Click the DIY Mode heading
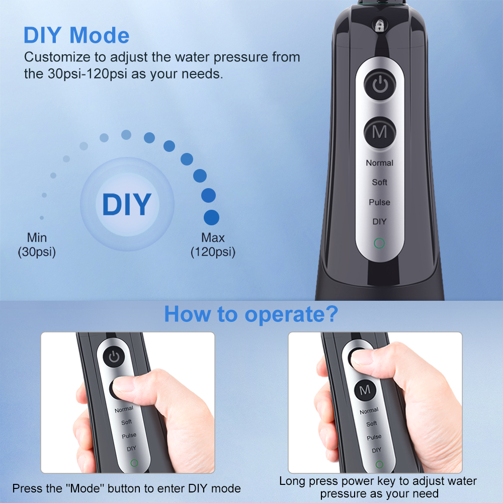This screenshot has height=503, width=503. (x=76, y=35)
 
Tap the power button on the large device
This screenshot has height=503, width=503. (x=380, y=86)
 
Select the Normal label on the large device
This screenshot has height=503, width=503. (x=380, y=162)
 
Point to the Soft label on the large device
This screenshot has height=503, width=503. (x=380, y=182)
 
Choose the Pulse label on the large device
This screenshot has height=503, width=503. (x=380, y=202)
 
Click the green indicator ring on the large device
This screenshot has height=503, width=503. (x=380, y=244)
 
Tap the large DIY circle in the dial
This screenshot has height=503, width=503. (x=127, y=204)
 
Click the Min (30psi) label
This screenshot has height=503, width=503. (x=37, y=244)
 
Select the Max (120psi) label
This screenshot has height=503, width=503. (x=213, y=244)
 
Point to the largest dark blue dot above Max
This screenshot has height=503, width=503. (x=212, y=217)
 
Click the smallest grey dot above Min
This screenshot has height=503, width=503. (x=42, y=218)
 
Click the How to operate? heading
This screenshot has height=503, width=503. (x=251, y=314)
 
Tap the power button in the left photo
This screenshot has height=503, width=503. (x=115, y=357)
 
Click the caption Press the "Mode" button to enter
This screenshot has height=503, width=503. (x=126, y=488)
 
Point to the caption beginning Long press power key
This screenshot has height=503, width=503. (x=378, y=487)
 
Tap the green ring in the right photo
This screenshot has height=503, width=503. (x=379, y=464)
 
